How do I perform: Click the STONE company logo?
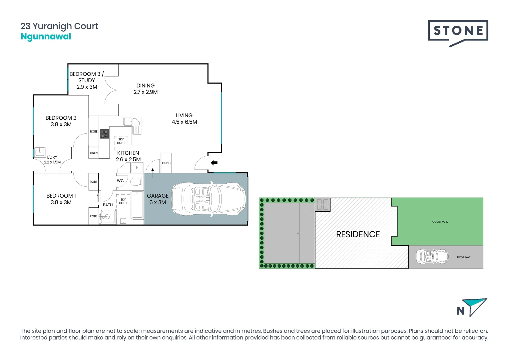458,32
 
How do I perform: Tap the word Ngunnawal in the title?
46,37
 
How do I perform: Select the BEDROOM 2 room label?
61,121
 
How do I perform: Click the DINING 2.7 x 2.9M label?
146,89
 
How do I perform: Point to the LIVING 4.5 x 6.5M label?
184,119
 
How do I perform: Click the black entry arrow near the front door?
214,163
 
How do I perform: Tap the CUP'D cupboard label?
166,163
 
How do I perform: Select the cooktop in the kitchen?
104,134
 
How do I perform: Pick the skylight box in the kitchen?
121,141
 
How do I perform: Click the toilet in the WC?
136,182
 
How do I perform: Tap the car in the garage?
209,199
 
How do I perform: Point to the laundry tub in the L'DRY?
40,152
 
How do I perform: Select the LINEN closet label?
94,153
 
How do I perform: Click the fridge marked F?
137,167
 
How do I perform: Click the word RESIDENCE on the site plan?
358,234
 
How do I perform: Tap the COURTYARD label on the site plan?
440,222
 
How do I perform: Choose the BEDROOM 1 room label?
61,199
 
